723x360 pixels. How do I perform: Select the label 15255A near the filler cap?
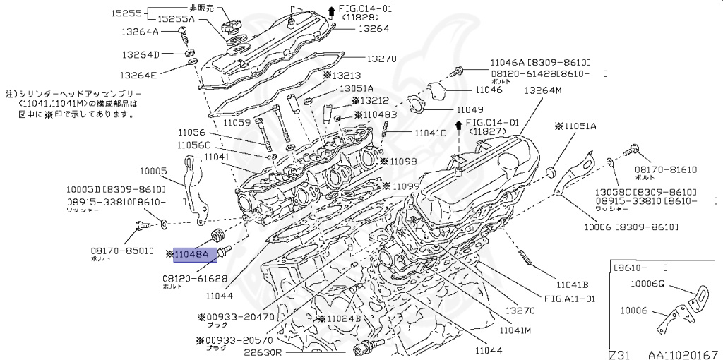(177, 19)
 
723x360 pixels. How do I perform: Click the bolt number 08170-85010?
(121, 251)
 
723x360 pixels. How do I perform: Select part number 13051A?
(357, 88)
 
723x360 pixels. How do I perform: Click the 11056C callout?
(193, 145)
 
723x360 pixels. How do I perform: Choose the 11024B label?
(344, 318)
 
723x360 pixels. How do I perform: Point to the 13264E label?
(139, 74)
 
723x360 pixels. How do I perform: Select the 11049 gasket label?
(470, 109)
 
